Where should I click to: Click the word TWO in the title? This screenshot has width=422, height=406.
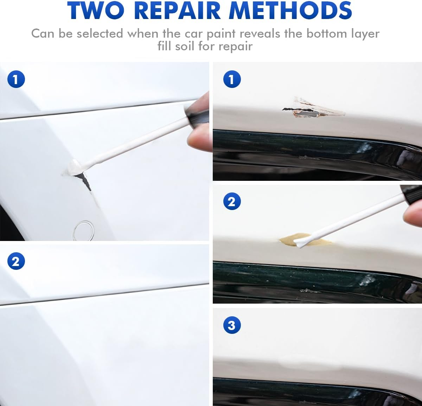tap(96, 11)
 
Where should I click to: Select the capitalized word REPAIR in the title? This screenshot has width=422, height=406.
tap(179, 11)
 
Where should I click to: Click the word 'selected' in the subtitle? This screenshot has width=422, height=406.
tap(100, 34)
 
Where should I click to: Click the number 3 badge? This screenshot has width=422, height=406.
tap(232, 325)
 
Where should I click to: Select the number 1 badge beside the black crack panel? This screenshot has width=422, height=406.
tap(16, 79)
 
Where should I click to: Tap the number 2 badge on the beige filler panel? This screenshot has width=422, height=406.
tap(232, 202)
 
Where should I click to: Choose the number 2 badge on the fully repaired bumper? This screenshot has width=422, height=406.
tap(16, 262)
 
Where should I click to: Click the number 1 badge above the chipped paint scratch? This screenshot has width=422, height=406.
tap(232, 79)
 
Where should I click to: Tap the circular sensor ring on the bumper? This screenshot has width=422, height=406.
tap(83, 230)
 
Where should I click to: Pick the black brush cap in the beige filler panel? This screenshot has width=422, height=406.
tap(411, 193)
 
